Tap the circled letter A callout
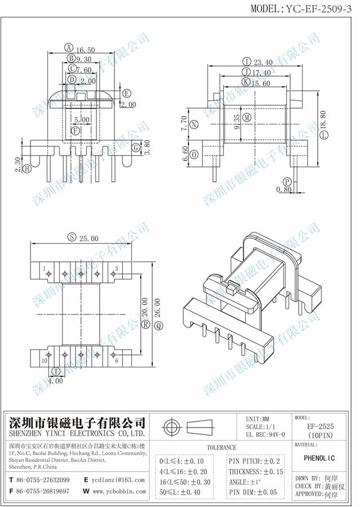pos(68,48)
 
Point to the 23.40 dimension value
pos(264,62)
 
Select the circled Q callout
pos(159,325)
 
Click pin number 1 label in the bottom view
pos(43,269)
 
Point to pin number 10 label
pos(44,360)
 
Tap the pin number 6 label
pos(117,360)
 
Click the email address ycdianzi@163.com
pos(118,479)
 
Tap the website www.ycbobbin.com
pos(118,491)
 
